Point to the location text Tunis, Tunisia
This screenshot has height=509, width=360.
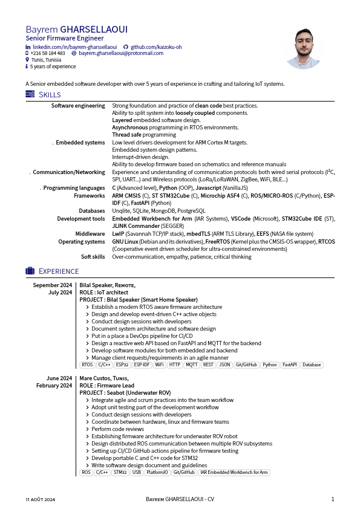pos(45,60)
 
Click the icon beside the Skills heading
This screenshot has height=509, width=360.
pos(30,94)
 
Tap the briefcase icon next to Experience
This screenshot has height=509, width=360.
pos(30,271)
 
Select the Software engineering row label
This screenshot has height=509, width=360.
pos(78,106)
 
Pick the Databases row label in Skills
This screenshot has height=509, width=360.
pos(92,211)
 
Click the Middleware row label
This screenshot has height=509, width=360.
pos(90,233)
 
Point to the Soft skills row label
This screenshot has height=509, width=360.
pos(93,257)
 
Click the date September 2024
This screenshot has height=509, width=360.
pos(53,285)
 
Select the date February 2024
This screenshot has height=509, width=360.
pos(54,386)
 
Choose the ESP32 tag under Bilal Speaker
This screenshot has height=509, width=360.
pos(122,365)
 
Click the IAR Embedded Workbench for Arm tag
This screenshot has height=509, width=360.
pos(234,473)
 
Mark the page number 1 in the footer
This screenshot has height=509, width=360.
pos(332,499)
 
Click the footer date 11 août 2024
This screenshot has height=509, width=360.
pos(40,499)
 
